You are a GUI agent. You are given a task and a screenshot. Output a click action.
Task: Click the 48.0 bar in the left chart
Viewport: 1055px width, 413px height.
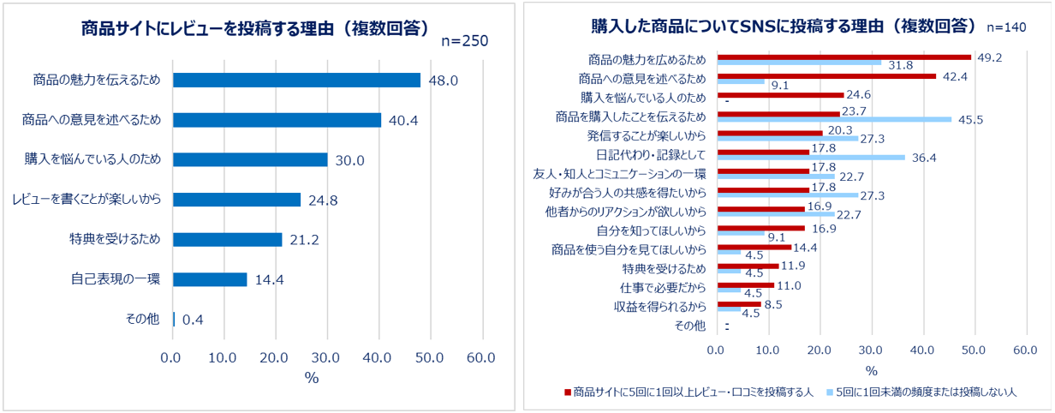click(x=295, y=80)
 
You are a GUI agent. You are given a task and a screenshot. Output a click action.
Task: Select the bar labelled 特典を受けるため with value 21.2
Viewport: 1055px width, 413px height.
click(x=227, y=239)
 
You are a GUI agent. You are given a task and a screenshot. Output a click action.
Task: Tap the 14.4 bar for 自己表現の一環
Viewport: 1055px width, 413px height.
click(x=210, y=279)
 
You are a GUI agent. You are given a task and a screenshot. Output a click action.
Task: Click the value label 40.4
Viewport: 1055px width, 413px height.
click(x=402, y=120)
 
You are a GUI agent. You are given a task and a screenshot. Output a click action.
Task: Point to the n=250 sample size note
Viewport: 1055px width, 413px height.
click(x=464, y=42)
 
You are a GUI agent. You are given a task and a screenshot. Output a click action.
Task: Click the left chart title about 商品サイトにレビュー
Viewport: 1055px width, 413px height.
click(x=255, y=27)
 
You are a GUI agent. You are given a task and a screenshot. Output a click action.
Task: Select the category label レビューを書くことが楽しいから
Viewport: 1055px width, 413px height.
click(x=86, y=200)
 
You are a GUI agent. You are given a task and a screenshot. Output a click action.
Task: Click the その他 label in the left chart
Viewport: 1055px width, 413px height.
click(x=142, y=319)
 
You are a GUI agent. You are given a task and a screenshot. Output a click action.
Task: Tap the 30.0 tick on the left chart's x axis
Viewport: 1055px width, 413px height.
click(x=326, y=357)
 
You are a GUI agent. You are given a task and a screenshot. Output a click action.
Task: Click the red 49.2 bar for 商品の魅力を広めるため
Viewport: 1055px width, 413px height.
click(x=843, y=57)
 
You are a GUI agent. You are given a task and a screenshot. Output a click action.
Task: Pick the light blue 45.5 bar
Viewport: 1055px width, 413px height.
click(x=834, y=119)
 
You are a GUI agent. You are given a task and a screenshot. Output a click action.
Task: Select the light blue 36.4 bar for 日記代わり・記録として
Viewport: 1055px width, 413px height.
click(x=810, y=157)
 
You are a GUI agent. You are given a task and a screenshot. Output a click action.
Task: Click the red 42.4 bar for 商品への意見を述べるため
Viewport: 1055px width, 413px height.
click(x=826, y=75)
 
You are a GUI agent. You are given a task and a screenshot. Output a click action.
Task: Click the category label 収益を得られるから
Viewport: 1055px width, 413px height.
click(x=659, y=306)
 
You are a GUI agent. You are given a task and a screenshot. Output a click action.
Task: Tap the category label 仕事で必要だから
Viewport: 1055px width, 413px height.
click(x=663, y=287)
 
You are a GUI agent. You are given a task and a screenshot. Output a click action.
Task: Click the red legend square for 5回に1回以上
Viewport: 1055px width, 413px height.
click(x=566, y=392)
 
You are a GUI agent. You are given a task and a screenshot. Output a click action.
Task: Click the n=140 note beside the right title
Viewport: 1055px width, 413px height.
click(x=1005, y=27)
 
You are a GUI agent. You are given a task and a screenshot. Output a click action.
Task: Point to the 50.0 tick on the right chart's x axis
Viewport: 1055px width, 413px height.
click(x=974, y=350)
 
